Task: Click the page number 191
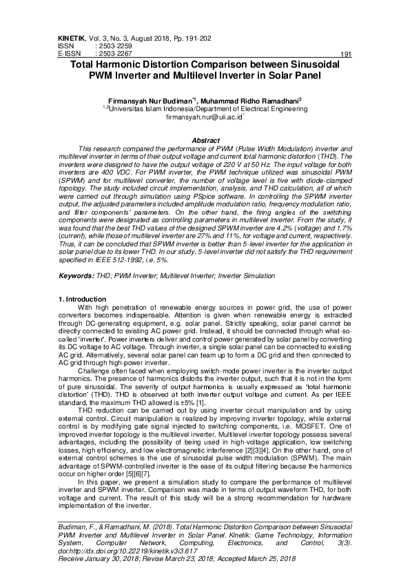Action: click(x=347, y=54)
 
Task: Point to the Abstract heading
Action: click(x=205, y=141)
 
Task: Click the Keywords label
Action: click(x=76, y=276)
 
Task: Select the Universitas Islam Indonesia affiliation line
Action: click(x=205, y=109)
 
